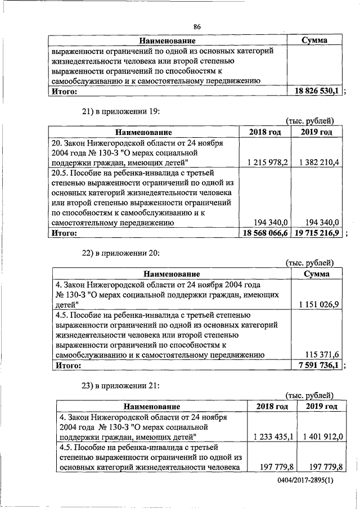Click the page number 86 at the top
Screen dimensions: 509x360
(x=197, y=26)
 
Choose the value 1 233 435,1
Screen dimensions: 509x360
(x=273, y=436)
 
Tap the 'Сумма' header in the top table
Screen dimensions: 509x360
(x=314, y=41)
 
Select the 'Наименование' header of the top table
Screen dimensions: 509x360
(x=167, y=41)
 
